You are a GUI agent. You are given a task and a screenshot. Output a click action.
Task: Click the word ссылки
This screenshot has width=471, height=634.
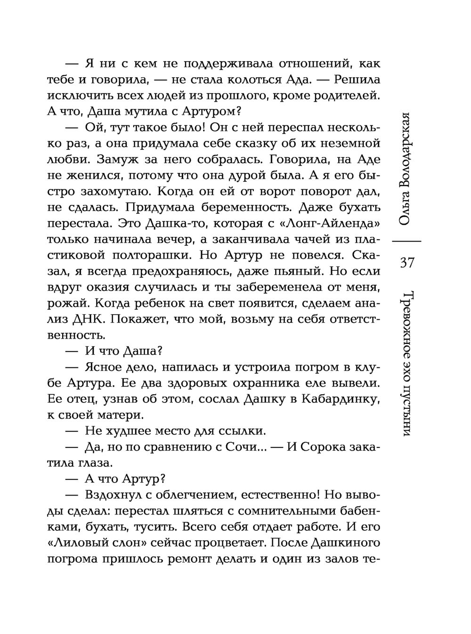(x=241, y=431)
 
